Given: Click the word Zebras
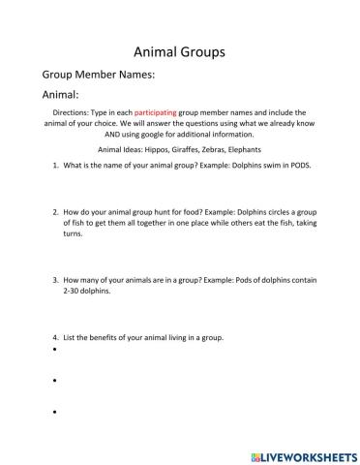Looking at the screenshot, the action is tap(229, 150).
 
